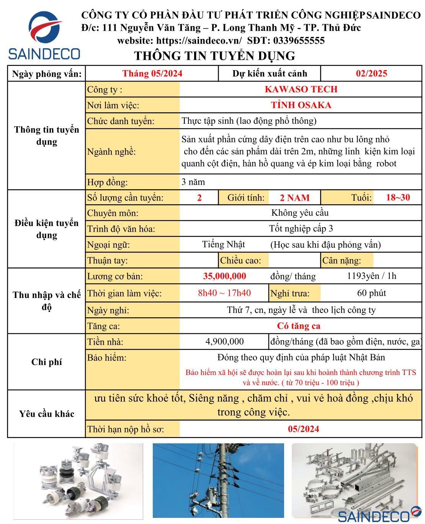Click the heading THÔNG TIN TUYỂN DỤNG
[x=214, y=56]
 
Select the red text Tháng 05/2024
[x=152, y=74]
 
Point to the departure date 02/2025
[x=371, y=74]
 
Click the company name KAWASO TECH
[x=301, y=89]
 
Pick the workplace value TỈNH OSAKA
[x=301, y=105]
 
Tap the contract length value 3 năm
[x=193, y=182]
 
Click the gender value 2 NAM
[x=294, y=198]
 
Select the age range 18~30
[x=398, y=197]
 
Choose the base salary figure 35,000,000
[x=224, y=276]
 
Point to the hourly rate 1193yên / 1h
[x=371, y=276]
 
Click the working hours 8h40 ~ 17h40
[x=224, y=293]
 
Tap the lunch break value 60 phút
[x=371, y=293]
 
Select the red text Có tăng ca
[x=299, y=326]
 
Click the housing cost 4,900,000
[x=224, y=341]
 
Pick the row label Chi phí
[x=46, y=362]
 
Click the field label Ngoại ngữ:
[x=108, y=245]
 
